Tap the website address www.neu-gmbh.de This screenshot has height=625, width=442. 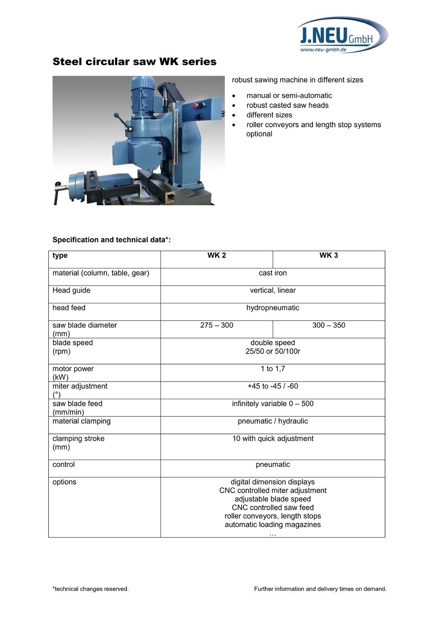point(323,50)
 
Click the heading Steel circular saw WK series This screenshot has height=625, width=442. point(134,62)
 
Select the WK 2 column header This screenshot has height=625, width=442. point(217,256)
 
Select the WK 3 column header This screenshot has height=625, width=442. point(328,256)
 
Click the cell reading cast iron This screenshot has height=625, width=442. point(272,273)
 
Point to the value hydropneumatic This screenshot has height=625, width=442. point(272,308)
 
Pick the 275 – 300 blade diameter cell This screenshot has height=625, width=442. point(217,325)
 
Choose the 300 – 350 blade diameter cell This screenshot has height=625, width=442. point(328,325)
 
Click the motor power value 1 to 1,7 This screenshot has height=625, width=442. point(272,369)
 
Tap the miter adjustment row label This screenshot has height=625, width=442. point(80,386)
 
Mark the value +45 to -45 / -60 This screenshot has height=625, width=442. point(272,386)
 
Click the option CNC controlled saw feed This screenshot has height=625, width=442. point(272,508)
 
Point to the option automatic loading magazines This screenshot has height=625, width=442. point(272,525)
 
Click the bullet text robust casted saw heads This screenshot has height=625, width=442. point(287,105)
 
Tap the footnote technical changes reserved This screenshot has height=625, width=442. point(91,589)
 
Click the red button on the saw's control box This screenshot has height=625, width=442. point(196,105)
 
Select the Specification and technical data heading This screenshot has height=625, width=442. point(111,240)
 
